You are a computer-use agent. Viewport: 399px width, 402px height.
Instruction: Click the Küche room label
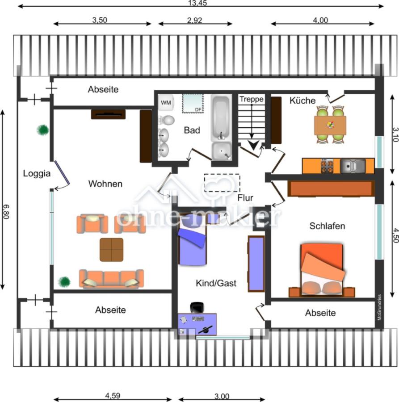[302, 100]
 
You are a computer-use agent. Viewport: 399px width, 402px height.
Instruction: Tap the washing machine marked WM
[166, 102]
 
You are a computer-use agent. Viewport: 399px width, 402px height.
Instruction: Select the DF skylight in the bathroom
[193, 103]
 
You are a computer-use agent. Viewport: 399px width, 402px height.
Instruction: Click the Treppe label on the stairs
[251, 99]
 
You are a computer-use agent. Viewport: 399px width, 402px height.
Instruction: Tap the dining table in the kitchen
[330, 125]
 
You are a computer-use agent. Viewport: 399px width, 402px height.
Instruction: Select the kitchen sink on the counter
[353, 166]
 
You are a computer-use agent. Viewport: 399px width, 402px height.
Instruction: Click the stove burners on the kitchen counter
[327, 166]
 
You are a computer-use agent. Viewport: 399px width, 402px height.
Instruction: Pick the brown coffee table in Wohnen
[112, 250]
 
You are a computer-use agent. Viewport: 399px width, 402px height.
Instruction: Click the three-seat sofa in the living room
[111, 279]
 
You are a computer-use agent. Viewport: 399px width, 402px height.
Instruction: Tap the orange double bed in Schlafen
[322, 270]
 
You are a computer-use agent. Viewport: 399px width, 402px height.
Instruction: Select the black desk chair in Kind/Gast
[197, 307]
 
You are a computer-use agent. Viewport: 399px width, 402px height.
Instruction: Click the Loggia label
[37, 173]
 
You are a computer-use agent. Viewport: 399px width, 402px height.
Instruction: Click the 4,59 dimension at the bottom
[113, 396]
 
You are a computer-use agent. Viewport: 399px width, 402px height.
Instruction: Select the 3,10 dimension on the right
[395, 134]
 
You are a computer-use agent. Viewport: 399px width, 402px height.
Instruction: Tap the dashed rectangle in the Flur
[222, 183]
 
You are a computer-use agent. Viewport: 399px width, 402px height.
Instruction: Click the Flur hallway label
[245, 198]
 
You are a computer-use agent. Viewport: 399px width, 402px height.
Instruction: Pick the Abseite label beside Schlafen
[320, 313]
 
